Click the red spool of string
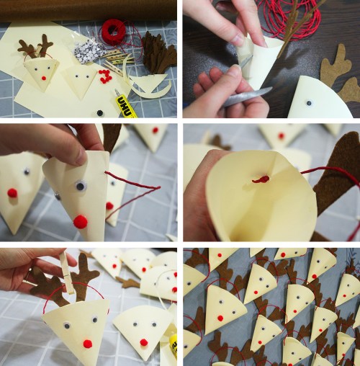pyautogui.click(x=113, y=31)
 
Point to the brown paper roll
pyautogui.click(x=72, y=9)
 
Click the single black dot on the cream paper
pyautogui.click(x=100, y=112)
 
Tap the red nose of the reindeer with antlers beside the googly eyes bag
pyautogui.click(x=44, y=77)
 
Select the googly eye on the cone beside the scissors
pyautogui.click(x=309, y=103)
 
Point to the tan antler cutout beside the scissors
pyautogui.click(x=336, y=69)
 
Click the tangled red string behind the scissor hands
pyautogui.click(x=288, y=22)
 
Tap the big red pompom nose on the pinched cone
pyautogui.click(x=81, y=221)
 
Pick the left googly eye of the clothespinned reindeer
pyautogui.click(x=66, y=324)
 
